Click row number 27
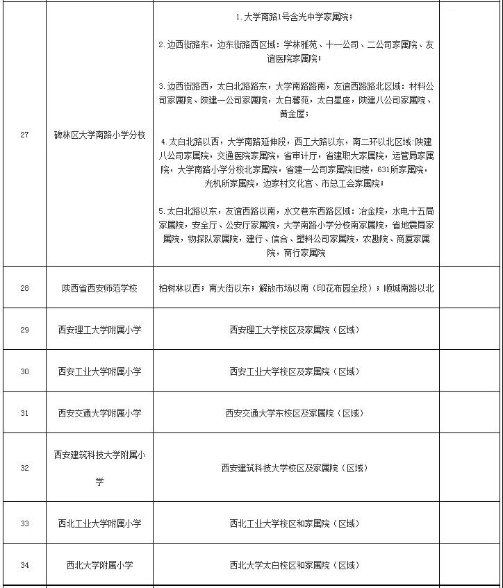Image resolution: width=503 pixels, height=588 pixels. click(x=24, y=135)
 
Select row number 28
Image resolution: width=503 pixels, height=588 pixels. click(x=24, y=287)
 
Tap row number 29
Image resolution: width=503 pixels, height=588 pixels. click(x=24, y=330)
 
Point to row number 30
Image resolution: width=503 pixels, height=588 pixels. click(x=24, y=371)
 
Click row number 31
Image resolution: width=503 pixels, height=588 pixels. click(x=24, y=413)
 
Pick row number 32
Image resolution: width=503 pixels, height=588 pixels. click(x=24, y=468)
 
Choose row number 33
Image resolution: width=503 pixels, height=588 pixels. click(x=24, y=523)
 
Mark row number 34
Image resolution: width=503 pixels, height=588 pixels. click(x=24, y=565)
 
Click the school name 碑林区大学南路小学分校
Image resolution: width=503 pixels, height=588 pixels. click(x=99, y=135)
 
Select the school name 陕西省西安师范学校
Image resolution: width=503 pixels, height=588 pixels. click(x=99, y=287)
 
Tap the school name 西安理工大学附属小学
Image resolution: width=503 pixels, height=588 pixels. click(x=99, y=330)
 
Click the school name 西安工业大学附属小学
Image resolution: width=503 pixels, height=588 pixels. click(x=99, y=371)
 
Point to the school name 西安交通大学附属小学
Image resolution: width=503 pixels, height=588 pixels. click(x=99, y=413)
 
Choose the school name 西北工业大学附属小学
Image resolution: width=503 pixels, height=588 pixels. click(x=99, y=523)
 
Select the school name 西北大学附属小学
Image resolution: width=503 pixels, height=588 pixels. click(x=99, y=565)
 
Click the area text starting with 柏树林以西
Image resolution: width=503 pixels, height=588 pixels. click(x=296, y=287)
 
